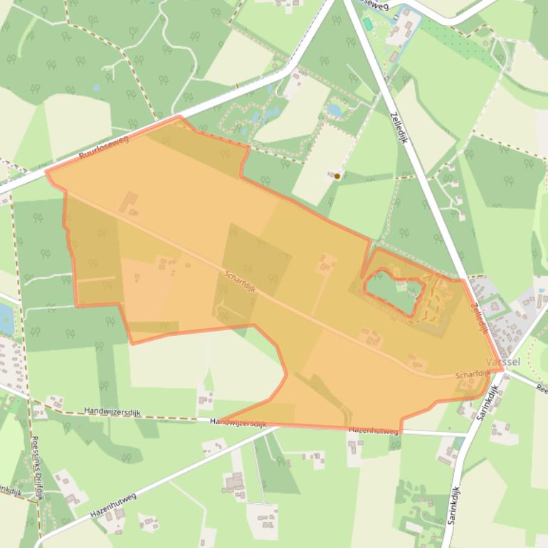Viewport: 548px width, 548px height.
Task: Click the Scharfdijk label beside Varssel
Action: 473,374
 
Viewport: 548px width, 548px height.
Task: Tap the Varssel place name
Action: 502,362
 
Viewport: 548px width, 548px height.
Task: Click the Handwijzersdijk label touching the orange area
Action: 238,422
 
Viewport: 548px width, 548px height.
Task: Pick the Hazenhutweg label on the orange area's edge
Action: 373,431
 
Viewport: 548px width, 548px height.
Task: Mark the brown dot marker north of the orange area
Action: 337,176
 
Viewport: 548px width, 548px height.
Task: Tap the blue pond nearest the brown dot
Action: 334,110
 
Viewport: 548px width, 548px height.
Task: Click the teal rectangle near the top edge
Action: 367,23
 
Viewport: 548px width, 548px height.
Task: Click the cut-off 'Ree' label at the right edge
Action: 542,389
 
